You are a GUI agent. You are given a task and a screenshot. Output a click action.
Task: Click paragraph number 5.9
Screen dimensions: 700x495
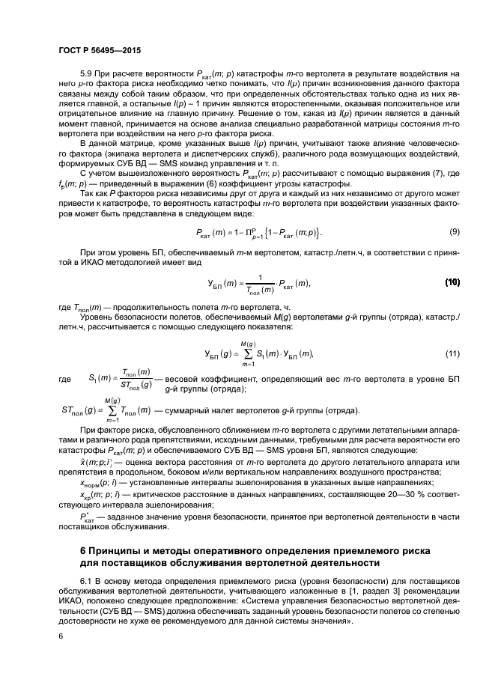[x=86, y=73]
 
